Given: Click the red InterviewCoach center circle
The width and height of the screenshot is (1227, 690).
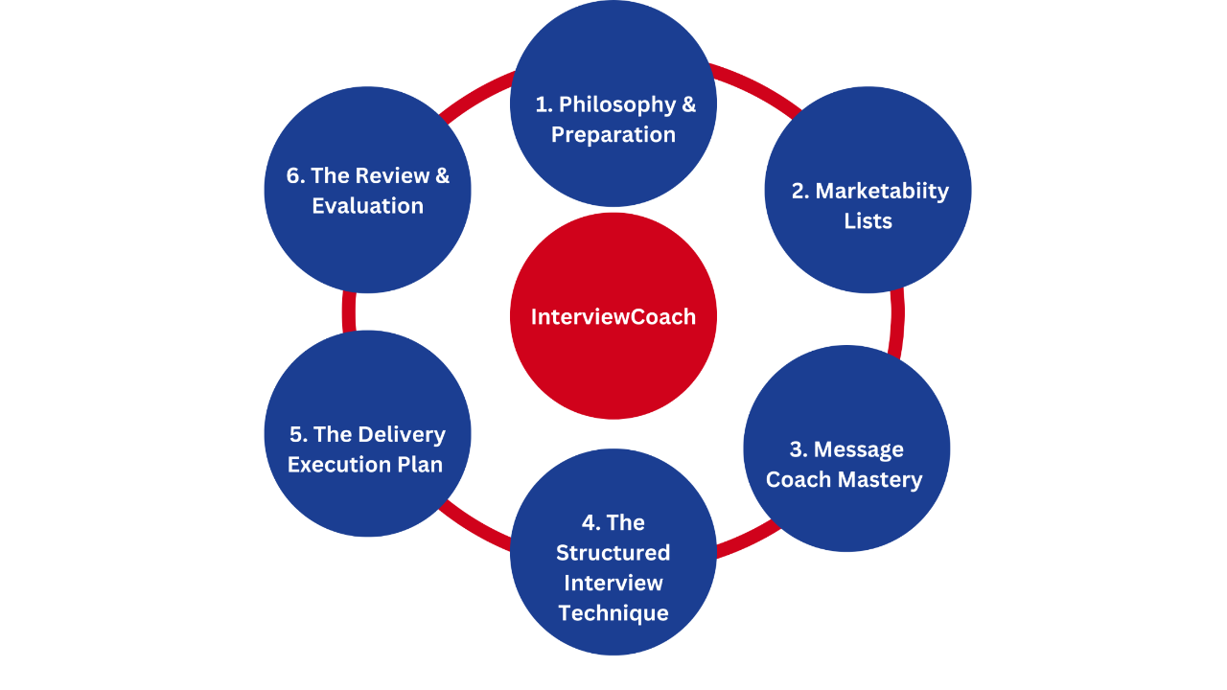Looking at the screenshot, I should pyautogui.click(x=613, y=316).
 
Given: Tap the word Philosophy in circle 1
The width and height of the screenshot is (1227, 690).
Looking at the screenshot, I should pyautogui.click(x=617, y=104).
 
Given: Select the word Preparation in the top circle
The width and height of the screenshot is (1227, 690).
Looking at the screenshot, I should pyautogui.click(x=613, y=135).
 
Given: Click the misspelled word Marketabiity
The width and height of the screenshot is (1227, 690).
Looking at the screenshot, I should pyautogui.click(x=882, y=191).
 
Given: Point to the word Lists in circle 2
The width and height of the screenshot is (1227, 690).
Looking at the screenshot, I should pyautogui.click(x=868, y=221).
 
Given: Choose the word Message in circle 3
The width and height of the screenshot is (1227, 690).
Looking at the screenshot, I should pyautogui.click(x=859, y=449).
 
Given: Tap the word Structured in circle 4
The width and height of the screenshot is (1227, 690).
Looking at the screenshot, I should pyautogui.click(x=613, y=553).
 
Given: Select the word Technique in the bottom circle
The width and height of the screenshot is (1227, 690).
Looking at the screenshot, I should pyautogui.click(x=613, y=613).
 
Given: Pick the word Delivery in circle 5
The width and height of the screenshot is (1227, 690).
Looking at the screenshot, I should pyautogui.click(x=402, y=434).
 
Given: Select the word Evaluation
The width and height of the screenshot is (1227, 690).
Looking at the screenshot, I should pyautogui.click(x=367, y=206).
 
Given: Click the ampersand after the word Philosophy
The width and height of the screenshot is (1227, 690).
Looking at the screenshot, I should pyautogui.click(x=689, y=104).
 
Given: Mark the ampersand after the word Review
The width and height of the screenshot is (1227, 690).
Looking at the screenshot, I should pyautogui.click(x=442, y=175).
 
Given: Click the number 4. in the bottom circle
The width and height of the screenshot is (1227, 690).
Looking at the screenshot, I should pyautogui.click(x=590, y=522).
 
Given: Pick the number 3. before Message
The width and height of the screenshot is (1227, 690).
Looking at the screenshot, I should pyautogui.click(x=799, y=449).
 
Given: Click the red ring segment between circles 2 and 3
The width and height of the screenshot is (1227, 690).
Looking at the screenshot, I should pyautogui.click(x=897, y=316).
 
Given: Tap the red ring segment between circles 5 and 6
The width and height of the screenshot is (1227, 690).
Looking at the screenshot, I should pyautogui.click(x=349, y=312).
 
